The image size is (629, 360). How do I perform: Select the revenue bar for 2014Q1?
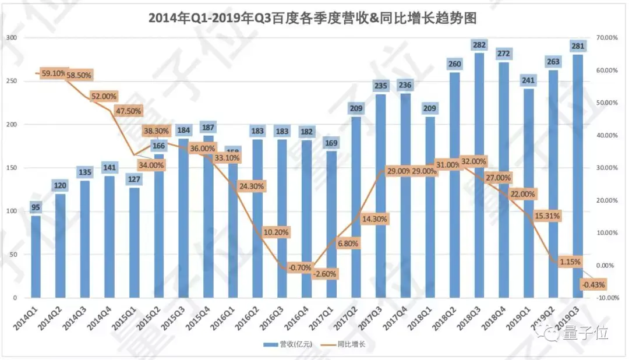pos(36,256)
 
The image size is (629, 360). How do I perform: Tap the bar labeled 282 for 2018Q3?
pos(479,175)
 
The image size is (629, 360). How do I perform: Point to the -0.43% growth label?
pos(593,285)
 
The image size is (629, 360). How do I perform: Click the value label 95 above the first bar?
pos(36,207)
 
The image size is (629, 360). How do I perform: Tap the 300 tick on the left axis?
pos(12,38)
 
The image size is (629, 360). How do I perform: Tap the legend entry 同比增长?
pos(349,344)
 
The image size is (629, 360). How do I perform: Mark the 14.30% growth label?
pos(374,219)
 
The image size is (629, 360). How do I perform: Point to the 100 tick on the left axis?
pos(12,211)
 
